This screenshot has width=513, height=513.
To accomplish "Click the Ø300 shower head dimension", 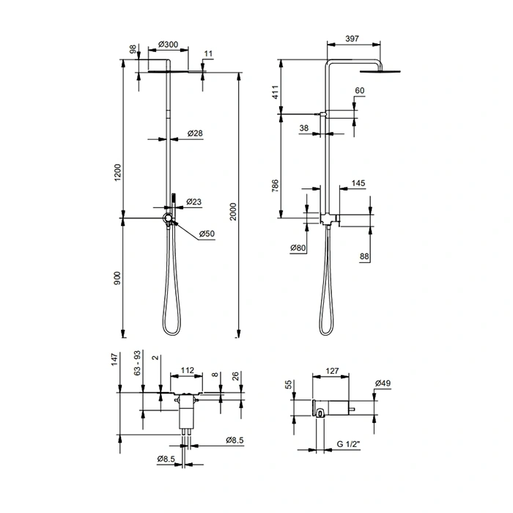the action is (x=168, y=44).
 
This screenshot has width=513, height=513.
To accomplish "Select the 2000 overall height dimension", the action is (x=232, y=212).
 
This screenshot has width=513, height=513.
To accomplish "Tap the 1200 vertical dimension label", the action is (x=117, y=172).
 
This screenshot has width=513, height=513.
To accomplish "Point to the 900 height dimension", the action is (x=117, y=278).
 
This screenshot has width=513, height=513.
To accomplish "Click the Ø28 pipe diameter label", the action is (x=195, y=133).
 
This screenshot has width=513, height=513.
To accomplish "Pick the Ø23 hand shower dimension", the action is (x=194, y=202).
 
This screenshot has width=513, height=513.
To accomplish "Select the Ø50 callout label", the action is (x=207, y=234).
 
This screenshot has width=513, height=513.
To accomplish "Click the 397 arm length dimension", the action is (x=352, y=39).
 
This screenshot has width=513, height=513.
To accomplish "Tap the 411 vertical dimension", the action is (x=275, y=92).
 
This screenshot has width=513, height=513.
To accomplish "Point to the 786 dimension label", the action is (x=275, y=185).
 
